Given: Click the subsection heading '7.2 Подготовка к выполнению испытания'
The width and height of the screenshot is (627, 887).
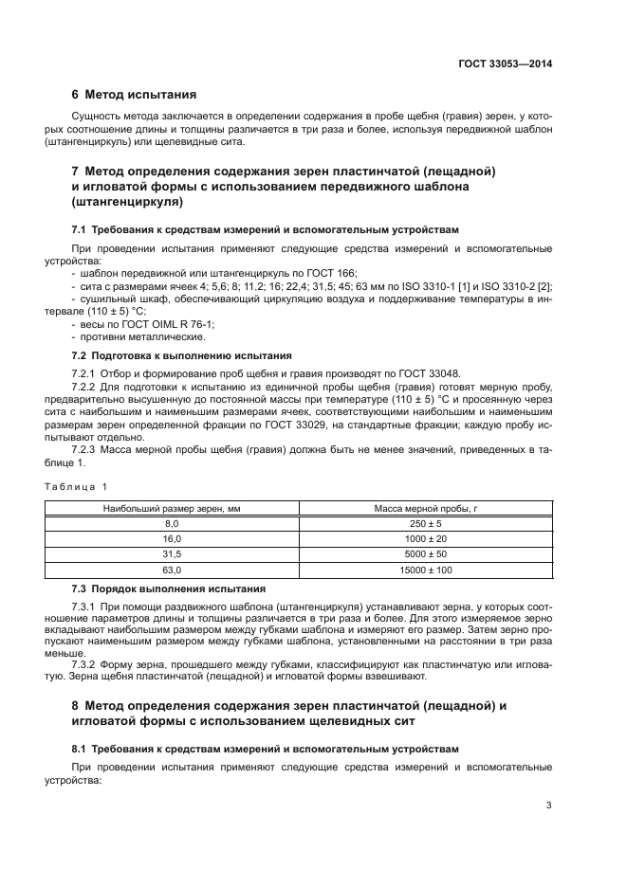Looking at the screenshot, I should pyautogui.click(x=182, y=355).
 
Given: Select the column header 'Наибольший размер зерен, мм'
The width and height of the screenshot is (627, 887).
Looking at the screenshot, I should pyautogui.click(x=172, y=509).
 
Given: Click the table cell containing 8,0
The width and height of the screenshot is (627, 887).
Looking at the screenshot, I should pyautogui.click(x=172, y=523).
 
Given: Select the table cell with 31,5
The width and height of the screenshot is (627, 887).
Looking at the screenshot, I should pyautogui.click(x=172, y=553).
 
